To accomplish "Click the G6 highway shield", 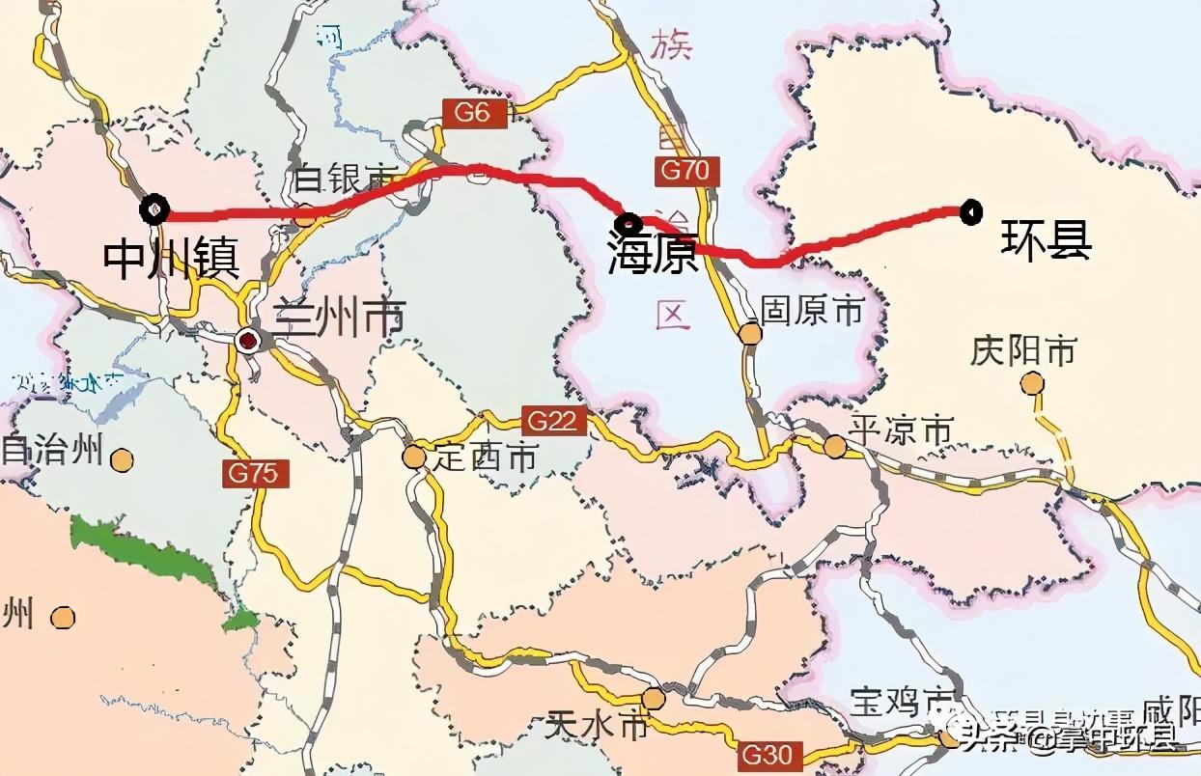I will click(473, 112).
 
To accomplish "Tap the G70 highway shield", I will click(686, 171).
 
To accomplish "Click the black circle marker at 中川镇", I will click(154, 208).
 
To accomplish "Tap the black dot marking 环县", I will click(970, 211).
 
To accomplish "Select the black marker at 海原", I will click(628, 223).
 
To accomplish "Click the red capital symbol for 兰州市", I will click(249, 340).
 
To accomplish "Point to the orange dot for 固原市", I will click(750, 334).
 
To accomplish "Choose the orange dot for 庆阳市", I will click(1032, 384).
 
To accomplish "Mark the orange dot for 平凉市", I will click(835, 445).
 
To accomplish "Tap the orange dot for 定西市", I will click(414, 457).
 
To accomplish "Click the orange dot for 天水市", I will click(654, 698).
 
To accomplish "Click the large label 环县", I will click(1045, 241).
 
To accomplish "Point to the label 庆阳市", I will click(1022, 351).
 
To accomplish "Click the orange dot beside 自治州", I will click(122, 459).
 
